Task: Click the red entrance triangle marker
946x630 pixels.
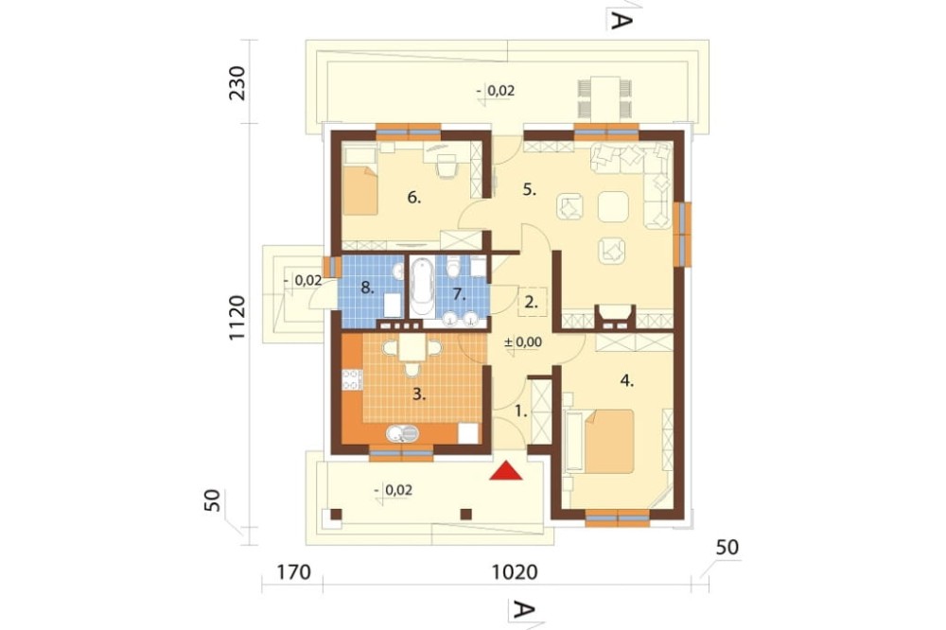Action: coord(505,471)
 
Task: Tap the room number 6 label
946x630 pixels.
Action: coord(413,198)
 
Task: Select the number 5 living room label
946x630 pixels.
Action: coord(529,189)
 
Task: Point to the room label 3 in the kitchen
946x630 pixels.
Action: coord(419,395)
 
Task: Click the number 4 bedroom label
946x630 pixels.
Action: coord(627,380)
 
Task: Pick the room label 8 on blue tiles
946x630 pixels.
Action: coord(367,288)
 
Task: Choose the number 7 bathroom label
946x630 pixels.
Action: coord(459,294)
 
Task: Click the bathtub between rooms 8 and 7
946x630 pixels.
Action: coord(422,288)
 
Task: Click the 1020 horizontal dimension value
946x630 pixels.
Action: coord(515,571)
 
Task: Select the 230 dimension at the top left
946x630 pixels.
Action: coord(237,82)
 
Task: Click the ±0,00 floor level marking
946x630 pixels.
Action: coord(523,342)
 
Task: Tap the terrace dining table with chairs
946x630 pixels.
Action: coord(605,97)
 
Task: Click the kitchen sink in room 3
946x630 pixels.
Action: coord(402,433)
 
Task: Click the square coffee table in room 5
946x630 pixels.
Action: coord(613,207)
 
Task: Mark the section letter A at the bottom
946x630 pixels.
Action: coord(522,609)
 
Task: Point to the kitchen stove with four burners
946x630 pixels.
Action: coord(352,380)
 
